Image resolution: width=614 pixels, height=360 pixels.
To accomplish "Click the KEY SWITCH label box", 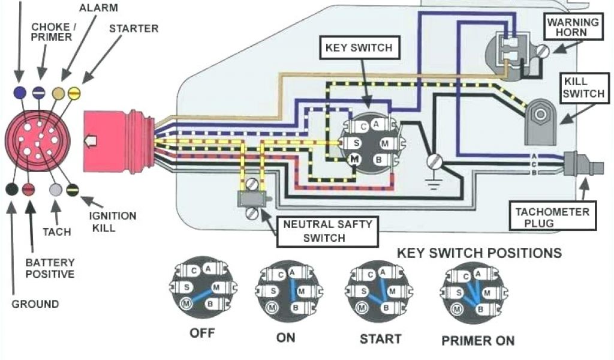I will click(x=359, y=48).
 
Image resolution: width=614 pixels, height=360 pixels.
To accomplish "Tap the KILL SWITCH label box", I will click(x=576, y=87).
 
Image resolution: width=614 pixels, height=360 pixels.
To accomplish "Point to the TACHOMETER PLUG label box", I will click(x=552, y=217).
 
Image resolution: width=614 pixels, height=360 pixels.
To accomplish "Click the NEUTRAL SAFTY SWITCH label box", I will click(x=327, y=231).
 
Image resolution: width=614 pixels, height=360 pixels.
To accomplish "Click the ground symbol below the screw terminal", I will click(x=432, y=181).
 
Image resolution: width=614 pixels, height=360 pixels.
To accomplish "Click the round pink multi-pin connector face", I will click(x=37, y=141).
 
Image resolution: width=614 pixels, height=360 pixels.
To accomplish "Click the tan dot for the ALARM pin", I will click(x=59, y=93).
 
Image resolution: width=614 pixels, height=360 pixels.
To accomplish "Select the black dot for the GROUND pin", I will click(x=11, y=190).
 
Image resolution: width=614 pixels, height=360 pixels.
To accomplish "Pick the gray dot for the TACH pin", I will click(x=56, y=190).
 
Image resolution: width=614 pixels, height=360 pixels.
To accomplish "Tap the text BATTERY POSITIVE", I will click(x=50, y=268).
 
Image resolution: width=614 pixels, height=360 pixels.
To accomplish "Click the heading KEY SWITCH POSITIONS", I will click(x=479, y=253).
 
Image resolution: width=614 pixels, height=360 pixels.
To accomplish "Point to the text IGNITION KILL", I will click(x=112, y=221).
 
